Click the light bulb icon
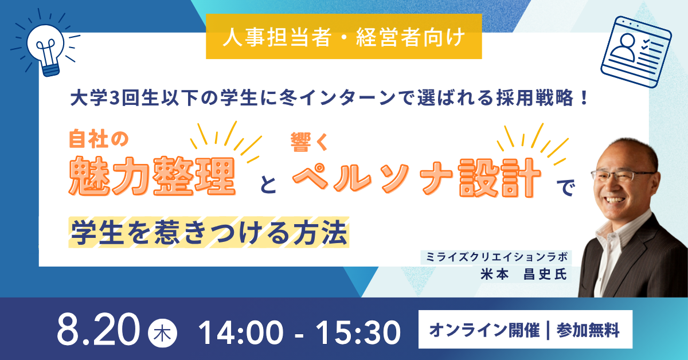click(x=46, y=49)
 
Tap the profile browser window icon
click(x=636, y=52)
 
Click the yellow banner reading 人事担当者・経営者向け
click(x=343, y=37)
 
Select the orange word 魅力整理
click(x=152, y=176)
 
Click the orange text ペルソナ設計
click(x=416, y=177)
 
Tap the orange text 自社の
click(x=99, y=139)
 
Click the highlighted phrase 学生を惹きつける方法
click(x=209, y=232)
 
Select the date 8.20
click(x=98, y=330)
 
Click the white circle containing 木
click(x=162, y=333)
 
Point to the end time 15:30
click(x=358, y=332)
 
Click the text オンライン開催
click(x=484, y=330)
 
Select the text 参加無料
click(x=588, y=330)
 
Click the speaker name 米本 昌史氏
click(x=524, y=274)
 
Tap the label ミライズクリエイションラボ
click(x=497, y=257)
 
